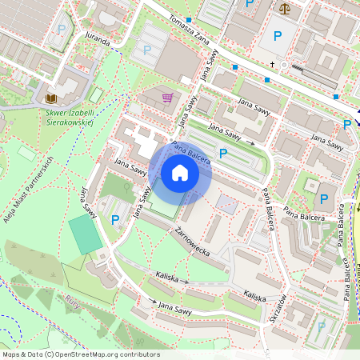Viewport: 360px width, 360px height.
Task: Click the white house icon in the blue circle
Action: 180,172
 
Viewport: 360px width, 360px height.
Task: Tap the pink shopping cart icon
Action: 167,98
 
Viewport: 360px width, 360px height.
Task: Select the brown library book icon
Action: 52,98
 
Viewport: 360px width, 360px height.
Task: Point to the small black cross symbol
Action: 272,65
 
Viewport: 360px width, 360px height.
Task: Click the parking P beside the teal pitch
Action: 115,219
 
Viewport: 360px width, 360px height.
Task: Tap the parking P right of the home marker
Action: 222,153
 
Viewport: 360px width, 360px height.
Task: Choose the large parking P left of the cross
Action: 278,36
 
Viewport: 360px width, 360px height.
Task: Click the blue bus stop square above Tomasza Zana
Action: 189,19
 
